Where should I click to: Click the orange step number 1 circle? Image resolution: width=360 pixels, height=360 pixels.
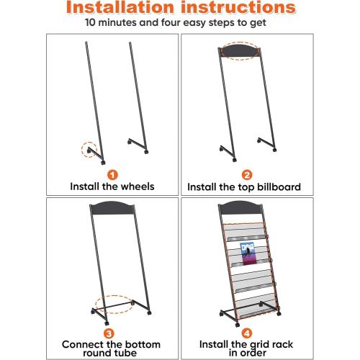click(x=112, y=175)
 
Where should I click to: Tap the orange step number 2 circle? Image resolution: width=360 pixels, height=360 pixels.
click(x=247, y=175)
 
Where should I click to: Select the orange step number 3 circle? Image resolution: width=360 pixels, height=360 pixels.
click(x=109, y=333)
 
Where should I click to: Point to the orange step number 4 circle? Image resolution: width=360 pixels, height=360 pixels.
click(x=247, y=333)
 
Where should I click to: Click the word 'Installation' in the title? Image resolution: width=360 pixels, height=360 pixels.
click(x=120, y=7)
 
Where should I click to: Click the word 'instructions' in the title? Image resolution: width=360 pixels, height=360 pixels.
click(x=238, y=7)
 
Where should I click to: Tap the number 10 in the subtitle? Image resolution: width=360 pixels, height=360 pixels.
click(x=91, y=22)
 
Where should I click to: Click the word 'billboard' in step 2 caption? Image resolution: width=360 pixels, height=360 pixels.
click(x=279, y=187)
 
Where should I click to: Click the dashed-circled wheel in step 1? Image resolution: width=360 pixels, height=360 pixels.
click(x=89, y=150)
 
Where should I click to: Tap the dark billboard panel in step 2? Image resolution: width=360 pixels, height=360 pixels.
click(x=240, y=51)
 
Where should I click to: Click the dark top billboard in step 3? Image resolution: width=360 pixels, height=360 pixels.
click(x=112, y=208)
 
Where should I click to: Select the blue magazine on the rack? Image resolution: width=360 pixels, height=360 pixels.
click(x=247, y=253)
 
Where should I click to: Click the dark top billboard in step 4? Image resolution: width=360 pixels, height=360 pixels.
click(x=240, y=208)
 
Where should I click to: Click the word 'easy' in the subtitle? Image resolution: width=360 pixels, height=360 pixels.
click(x=194, y=23)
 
